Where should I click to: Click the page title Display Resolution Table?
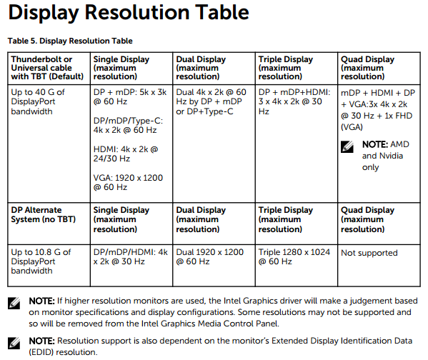[128, 12]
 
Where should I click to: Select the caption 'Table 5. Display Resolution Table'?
[70, 41]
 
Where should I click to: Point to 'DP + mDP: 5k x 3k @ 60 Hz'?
[131, 97]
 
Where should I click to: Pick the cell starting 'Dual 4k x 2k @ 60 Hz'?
[212, 102]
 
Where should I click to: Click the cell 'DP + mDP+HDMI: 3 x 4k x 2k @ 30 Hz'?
[294, 102]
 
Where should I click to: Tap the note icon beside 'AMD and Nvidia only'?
[348, 145]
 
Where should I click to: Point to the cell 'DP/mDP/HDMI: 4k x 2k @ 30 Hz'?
[131, 257]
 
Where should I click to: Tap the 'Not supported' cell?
[369, 253]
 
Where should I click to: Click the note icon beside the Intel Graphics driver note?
[14, 303]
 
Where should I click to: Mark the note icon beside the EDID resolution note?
[14, 343]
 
